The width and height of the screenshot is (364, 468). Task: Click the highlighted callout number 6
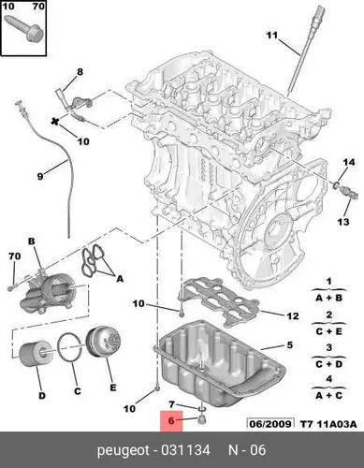point(171,420)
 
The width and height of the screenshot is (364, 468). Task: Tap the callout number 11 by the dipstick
point(272,36)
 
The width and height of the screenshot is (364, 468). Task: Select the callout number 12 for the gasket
point(293,316)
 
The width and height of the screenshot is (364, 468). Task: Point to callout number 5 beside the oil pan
point(290,345)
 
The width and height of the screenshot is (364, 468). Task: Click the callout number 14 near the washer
point(349,162)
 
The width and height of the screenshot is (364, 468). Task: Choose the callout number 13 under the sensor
point(343,222)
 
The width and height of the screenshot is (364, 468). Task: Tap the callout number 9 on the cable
point(40,177)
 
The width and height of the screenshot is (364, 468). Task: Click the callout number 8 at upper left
point(80,72)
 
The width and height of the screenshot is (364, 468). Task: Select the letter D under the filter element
point(42,396)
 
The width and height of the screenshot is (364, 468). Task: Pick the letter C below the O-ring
point(78,391)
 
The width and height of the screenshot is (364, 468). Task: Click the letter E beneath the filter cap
point(113,388)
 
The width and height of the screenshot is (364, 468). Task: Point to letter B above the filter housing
point(32,241)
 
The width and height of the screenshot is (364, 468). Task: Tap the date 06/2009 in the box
point(270,424)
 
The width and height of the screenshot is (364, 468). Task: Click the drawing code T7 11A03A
point(328,424)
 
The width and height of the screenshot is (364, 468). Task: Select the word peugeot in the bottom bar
point(124,450)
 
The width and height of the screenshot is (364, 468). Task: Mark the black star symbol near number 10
point(55,122)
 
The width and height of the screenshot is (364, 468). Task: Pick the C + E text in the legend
point(328,331)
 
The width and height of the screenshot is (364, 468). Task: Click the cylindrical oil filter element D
point(36,353)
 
